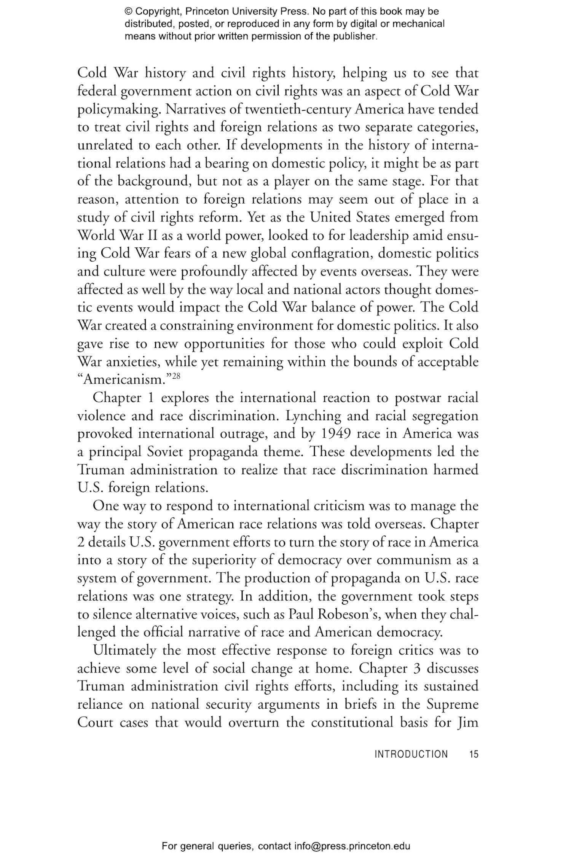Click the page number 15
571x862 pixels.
(474, 754)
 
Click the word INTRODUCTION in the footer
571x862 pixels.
(411, 754)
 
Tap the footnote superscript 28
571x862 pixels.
(176, 376)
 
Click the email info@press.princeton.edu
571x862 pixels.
(352, 847)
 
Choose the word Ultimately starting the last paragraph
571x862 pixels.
(124, 650)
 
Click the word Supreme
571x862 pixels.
(452, 704)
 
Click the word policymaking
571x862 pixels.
(118, 109)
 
